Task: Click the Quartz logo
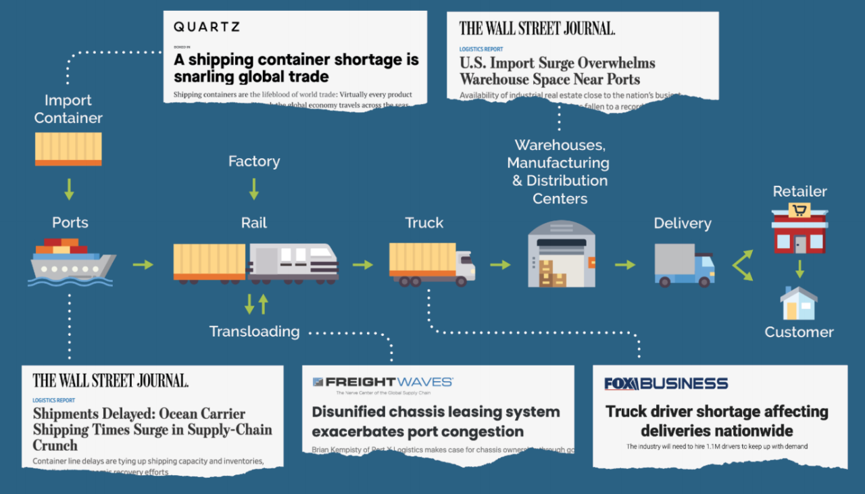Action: click(x=206, y=27)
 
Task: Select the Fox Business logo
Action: click(x=666, y=384)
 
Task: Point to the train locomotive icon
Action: click(x=293, y=262)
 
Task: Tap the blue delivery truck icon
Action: click(x=684, y=265)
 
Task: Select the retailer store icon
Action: click(x=799, y=230)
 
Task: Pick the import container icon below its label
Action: click(x=68, y=149)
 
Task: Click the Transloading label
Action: click(x=254, y=331)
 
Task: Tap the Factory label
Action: click(x=254, y=162)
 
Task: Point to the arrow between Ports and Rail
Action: click(x=143, y=264)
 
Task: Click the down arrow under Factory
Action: click(x=254, y=189)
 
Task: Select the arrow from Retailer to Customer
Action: click(x=799, y=269)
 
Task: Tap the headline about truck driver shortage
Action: click(x=717, y=420)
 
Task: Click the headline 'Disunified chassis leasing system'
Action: click(x=436, y=421)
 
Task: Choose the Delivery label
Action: click(x=683, y=223)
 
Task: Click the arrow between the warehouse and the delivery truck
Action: click(x=625, y=264)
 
